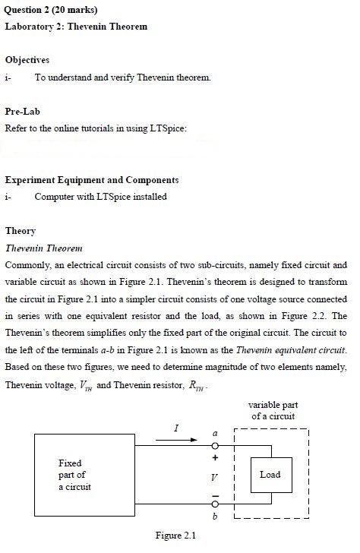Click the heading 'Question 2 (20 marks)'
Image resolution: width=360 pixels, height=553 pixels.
(x=51, y=10)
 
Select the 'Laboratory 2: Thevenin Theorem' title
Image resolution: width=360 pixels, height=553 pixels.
(x=76, y=27)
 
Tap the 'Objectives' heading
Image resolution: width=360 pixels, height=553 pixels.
(x=27, y=59)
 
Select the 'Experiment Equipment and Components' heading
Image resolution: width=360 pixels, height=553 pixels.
(x=92, y=180)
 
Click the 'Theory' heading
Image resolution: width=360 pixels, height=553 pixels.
(x=21, y=231)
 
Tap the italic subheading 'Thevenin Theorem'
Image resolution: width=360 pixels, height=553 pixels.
(x=43, y=248)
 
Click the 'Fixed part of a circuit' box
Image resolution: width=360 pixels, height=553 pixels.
(x=76, y=475)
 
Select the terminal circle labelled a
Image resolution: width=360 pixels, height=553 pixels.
(x=215, y=446)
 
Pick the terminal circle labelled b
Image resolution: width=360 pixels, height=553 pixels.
(x=215, y=504)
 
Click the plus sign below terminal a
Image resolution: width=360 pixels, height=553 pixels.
(x=215, y=459)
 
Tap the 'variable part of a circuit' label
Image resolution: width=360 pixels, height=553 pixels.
(x=272, y=411)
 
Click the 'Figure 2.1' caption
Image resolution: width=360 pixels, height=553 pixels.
(x=175, y=536)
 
